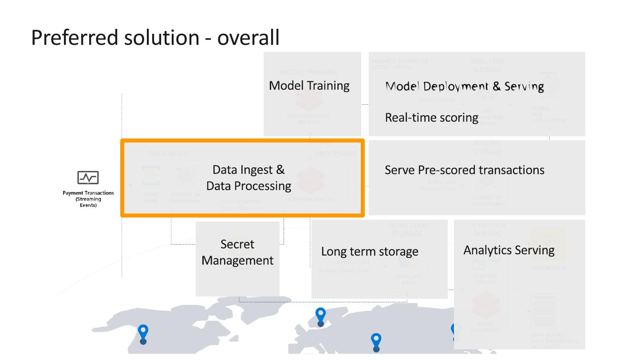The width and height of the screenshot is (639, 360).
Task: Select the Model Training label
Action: point(309,86)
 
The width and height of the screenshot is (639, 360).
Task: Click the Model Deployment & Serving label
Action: point(464,86)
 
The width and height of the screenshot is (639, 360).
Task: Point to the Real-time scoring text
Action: point(431,118)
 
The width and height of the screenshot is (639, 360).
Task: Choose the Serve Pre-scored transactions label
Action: point(464,170)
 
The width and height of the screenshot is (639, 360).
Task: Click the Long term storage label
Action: point(370,252)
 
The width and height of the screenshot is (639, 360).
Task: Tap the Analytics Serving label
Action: point(509,250)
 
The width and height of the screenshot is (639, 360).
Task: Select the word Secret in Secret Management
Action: point(237,245)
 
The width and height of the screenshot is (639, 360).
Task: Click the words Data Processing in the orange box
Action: point(248,186)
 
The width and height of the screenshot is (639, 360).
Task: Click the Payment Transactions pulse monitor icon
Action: point(88,178)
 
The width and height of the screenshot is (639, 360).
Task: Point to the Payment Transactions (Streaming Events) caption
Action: point(88,199)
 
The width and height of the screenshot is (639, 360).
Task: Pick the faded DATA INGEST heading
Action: point(170,154)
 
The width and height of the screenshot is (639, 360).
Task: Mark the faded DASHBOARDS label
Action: point(549,268)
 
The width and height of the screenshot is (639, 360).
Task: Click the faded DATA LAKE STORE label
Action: point(409,280)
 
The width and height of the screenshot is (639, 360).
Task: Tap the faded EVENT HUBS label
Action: point(150,198)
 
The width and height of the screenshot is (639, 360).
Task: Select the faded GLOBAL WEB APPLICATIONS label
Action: point(549,115)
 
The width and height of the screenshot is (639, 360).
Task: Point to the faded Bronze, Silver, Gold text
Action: point(344,270)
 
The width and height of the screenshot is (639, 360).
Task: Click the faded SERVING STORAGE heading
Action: point(487,147)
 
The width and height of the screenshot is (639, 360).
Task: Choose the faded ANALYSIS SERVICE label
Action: point(485,279)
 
